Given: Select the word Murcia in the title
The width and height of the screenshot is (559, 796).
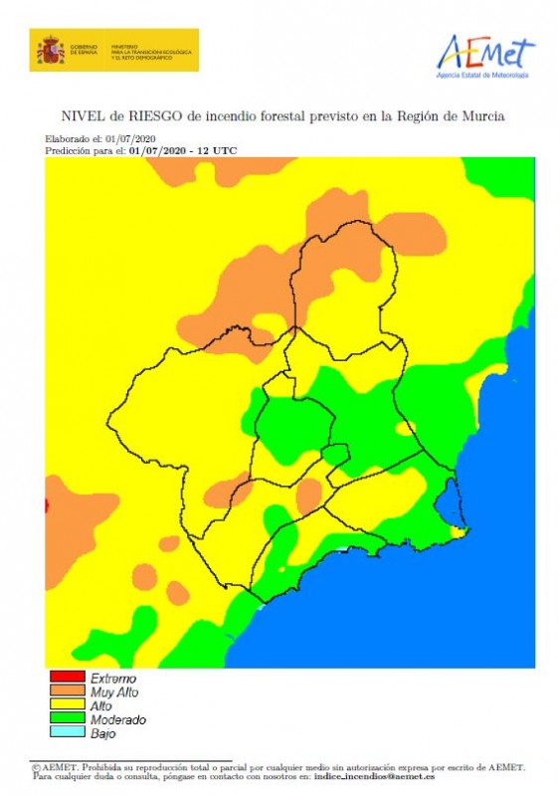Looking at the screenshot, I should click(480, 116).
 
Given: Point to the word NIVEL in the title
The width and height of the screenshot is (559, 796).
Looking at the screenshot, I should click(85, 116).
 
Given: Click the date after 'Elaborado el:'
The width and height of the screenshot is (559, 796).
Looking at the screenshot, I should click(131, 138).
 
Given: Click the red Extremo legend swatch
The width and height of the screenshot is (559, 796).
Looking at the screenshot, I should click(67, 678).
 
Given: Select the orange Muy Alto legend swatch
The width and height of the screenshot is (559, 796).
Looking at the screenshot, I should click(67, 692).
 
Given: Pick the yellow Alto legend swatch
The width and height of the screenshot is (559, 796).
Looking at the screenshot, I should click(67, 705).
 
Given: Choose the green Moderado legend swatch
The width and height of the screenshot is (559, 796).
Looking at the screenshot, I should click(67, 719).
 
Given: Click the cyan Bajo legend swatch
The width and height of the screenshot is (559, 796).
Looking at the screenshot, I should click(67, 733).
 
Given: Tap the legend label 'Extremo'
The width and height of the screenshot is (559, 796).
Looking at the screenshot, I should click(113, 679).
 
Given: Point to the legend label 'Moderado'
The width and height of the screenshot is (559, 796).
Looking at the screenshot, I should click(118, 719).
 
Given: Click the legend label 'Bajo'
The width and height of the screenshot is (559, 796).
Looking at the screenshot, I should click(102, 733).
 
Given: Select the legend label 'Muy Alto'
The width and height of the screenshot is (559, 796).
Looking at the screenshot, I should click(114, 692).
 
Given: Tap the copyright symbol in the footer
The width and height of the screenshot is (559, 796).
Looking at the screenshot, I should click(36, 768).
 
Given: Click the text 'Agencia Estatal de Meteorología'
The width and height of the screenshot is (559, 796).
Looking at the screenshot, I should click(483, 75).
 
